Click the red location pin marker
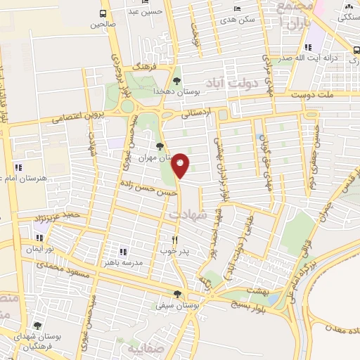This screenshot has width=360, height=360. pos(181,165)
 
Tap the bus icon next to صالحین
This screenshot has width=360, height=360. pos(103,13)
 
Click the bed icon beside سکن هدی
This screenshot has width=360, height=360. pos(237,8)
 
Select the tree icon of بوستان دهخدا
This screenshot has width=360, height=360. pos(176,81)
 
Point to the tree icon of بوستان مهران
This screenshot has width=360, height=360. pos(161,146)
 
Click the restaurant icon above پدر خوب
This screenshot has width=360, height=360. pos(165,240)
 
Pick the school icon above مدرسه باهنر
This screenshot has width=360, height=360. pos(123,251)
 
